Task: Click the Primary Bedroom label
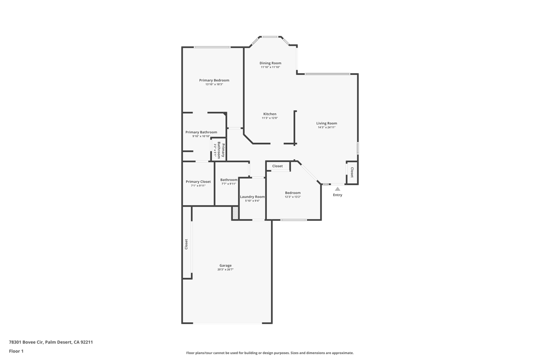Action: tap(214, 80)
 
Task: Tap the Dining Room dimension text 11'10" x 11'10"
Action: tap(270, 67)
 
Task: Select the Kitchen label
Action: tap(269, 114)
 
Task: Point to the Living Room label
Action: tap(326, 123)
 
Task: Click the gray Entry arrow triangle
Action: tap(337, 189)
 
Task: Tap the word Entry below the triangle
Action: tap(337, 195)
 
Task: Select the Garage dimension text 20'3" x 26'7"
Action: tap(225, 269)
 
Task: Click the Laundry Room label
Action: tap(252, 197)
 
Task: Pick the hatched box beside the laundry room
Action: tap(235, 213)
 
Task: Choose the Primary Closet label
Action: tap(198, 181)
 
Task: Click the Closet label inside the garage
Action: tap(186, 244)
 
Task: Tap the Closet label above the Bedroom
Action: tap(277, 166)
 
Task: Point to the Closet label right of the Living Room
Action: tap(352, 172)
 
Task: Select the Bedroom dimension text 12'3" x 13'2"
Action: tap(293, 197)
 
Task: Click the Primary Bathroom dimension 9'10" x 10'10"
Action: tap(201, 137)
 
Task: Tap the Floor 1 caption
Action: tap(16, 351)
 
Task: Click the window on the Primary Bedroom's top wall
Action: tap(212, 47)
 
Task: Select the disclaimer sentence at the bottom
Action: tap(269, 353)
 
